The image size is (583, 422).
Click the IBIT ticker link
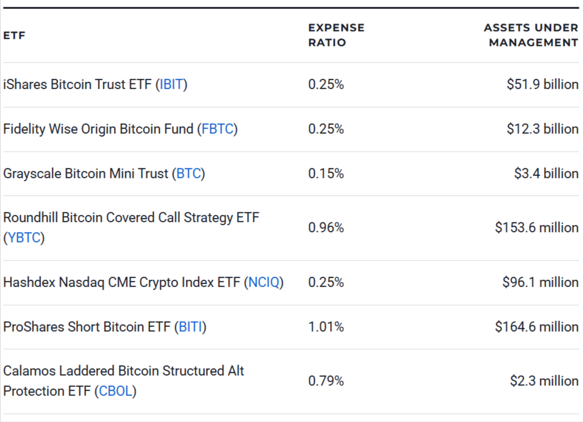point(172,84)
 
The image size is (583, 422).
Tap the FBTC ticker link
point(217,129)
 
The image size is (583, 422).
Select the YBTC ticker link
point(24,238)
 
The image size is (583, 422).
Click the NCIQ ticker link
point(264,282)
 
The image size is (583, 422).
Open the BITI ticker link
point(191,327)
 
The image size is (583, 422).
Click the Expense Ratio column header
point(336,35)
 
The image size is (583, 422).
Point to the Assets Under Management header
point(531,35)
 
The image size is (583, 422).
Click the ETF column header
point(14,36)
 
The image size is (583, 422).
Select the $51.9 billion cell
point(542,84)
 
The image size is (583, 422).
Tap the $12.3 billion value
point(542,129)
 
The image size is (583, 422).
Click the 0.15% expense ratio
point(326,174)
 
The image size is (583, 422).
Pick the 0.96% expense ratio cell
point(326,228)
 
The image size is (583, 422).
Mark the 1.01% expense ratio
point(326,327)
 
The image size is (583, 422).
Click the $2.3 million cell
point(544,381)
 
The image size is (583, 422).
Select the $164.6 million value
point(537,327)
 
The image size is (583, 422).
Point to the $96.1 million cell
point(540,282)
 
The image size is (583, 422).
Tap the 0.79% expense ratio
point(326,381)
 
